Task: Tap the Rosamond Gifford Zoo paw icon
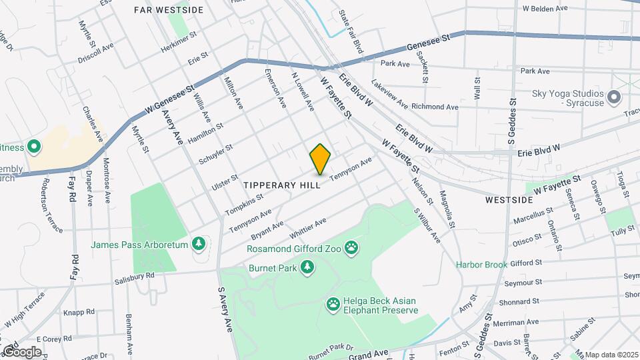click(x=351, y=249)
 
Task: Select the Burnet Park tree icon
click(x=307, y=268)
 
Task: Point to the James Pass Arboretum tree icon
click(x=198, y=245)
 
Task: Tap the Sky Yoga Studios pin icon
click(x=615, y=98)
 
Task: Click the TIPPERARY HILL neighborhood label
click(x=282, y=185)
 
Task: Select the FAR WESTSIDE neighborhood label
click(x=168, y=10)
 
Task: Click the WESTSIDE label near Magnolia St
click(x=509, y=199)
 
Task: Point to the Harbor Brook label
click(x=481, y=265)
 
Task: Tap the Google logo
click(x=21, y=352)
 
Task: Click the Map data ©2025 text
click(x=611, y=354)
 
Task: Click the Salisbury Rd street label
click(x=134, y=276)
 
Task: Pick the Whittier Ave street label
click(x=307, y=230)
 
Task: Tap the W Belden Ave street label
click(x=545, y=9)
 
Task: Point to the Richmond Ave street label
click(x=435, y=107)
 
